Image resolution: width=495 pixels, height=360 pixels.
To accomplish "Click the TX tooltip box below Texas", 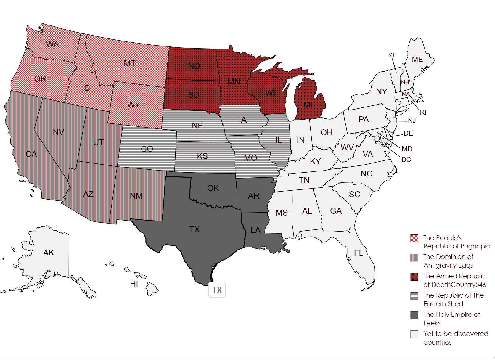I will (x=217, y=290).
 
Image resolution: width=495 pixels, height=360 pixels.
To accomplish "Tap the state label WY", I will (x=134, y=105).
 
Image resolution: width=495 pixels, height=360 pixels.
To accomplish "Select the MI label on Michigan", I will (x=308, y=105).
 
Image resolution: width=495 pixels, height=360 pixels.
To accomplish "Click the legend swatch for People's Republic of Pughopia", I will (x=414, y=238).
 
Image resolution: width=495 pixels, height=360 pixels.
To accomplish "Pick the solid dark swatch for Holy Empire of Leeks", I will (x=414, y=315).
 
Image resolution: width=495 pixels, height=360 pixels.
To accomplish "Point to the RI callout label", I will (x=423, y=112).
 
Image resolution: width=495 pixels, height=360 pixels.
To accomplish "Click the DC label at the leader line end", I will (x=406, y=160).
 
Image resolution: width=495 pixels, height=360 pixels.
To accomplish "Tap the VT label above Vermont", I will (x=392, y=55).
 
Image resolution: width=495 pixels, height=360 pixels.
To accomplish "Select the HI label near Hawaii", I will (x=134, y=284).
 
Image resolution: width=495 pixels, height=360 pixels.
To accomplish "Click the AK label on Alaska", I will (x=49, y=253).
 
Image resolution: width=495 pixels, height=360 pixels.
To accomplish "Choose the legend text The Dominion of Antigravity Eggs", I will (x=448, y=261).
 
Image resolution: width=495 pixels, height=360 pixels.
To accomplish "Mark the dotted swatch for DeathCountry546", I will (x=414, y=277).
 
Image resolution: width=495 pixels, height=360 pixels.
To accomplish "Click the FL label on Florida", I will (x=359, y=253).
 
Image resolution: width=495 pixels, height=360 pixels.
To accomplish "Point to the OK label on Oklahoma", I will (x=213, y=188).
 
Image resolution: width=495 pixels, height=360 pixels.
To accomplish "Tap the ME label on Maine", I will (x=417, y=60).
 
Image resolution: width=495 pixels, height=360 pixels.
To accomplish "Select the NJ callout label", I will (x=412, y=120).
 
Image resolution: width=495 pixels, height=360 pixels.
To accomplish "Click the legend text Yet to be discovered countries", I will (x=455, y=338).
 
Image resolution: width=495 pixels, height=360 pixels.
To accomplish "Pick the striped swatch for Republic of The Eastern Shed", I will (x=414, y=296).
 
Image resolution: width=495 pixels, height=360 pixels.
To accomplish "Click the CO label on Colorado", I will (x=147, y=149).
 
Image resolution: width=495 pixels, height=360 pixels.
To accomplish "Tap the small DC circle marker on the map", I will (x=377, y=138).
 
